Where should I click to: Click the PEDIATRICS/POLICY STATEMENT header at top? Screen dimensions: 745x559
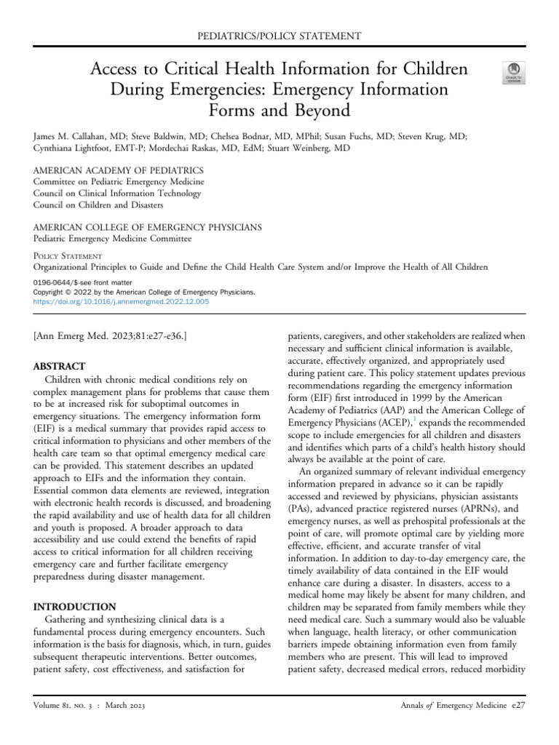(x=279, y=35)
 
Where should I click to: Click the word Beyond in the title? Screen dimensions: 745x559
(x=323, y=111)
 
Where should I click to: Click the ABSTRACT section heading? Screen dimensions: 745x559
(x=59, y=366)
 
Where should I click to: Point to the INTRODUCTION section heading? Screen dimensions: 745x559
(x=74, y=606)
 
